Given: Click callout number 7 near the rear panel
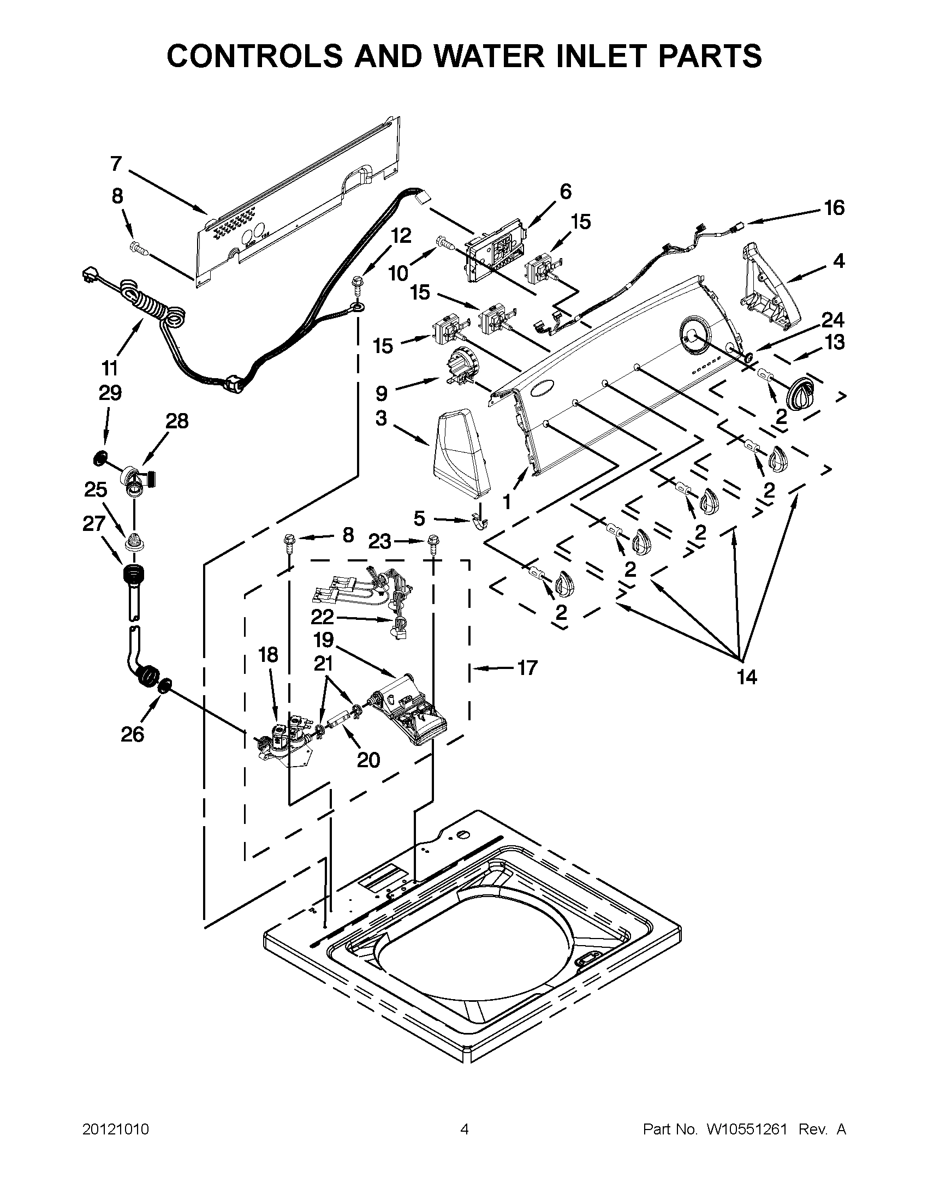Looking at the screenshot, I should (116, 163).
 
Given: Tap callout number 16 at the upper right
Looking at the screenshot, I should (834, 208).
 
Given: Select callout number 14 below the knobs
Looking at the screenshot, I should (746, 677).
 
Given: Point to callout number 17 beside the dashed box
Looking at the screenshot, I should (527, 668).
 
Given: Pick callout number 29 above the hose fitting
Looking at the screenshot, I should (110, 393).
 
